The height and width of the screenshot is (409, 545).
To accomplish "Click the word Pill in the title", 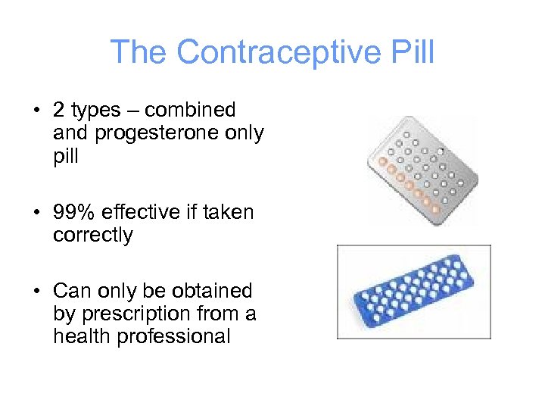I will pos(410,53).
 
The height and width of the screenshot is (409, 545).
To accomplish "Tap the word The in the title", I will pos(140,53).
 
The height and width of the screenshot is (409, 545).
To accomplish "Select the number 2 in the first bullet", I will pos(59,111).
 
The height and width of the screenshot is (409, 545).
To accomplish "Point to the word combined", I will pos(190,111).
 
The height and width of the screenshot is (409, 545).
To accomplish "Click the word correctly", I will pos(92,236).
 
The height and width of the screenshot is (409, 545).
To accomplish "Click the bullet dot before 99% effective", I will pos(36,214).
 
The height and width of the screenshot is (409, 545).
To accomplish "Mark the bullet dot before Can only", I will pos(36,292).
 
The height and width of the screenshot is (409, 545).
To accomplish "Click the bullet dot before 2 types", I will pos(36,111).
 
